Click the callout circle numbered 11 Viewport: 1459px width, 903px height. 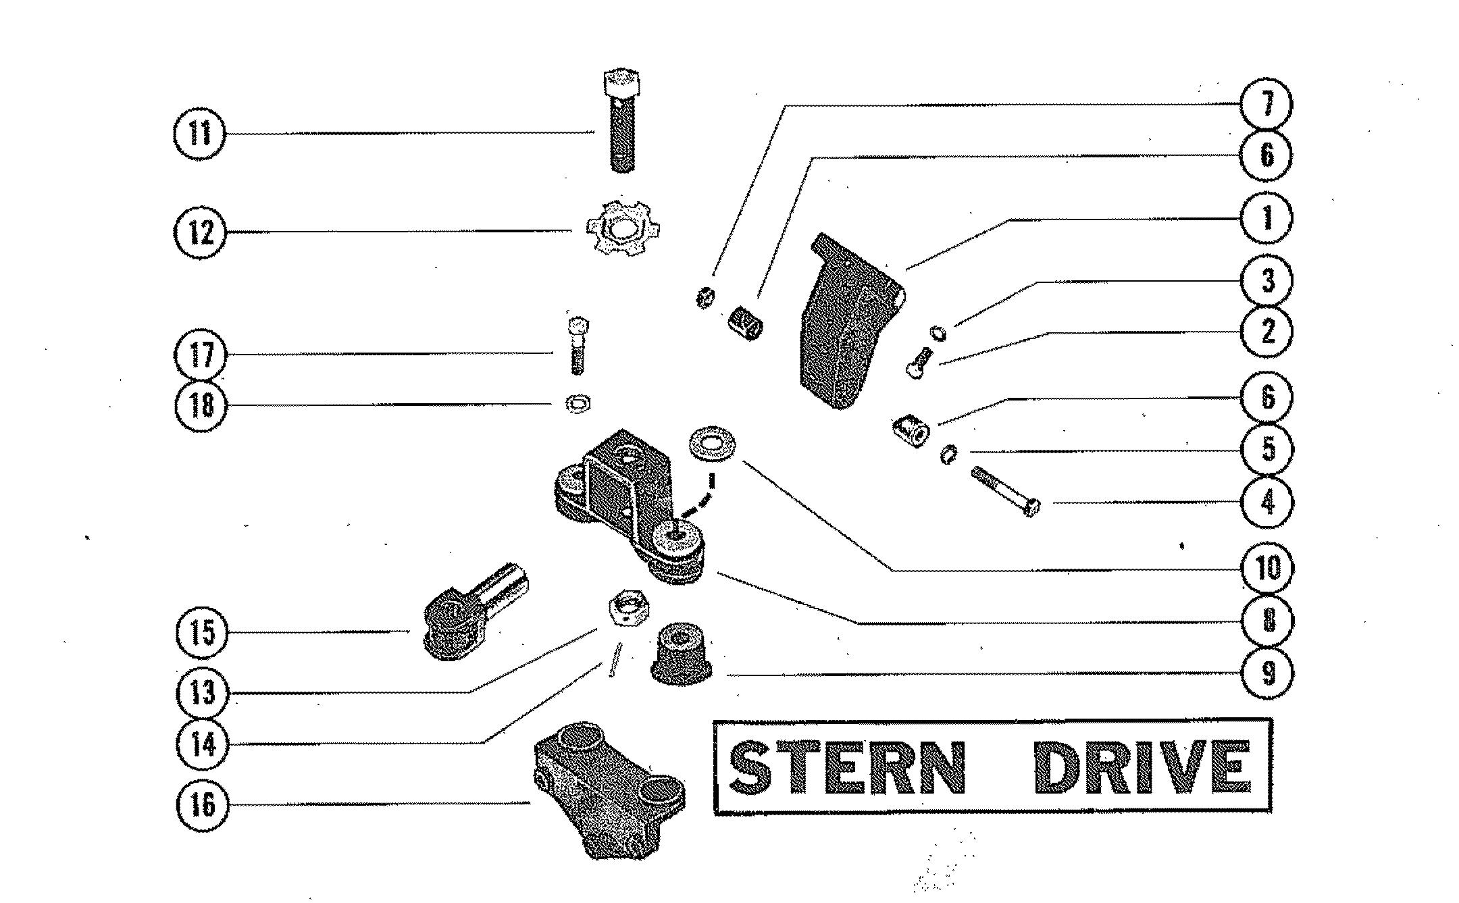[x=199, y=133]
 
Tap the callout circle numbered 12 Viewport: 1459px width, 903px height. [x=201, y=232]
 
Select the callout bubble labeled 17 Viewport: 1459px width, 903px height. [x=201, y=355]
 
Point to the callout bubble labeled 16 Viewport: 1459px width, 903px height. [x=202, y=804]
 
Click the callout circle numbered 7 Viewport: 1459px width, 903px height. [x=1266, y=103]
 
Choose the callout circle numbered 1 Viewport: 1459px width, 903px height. [x=1266, y=218]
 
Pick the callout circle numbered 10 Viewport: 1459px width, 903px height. [x=1268, y=568]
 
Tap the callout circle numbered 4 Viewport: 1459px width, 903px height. [x=1268, y=502]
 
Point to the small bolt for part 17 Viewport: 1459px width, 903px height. [x=576, y=344]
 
